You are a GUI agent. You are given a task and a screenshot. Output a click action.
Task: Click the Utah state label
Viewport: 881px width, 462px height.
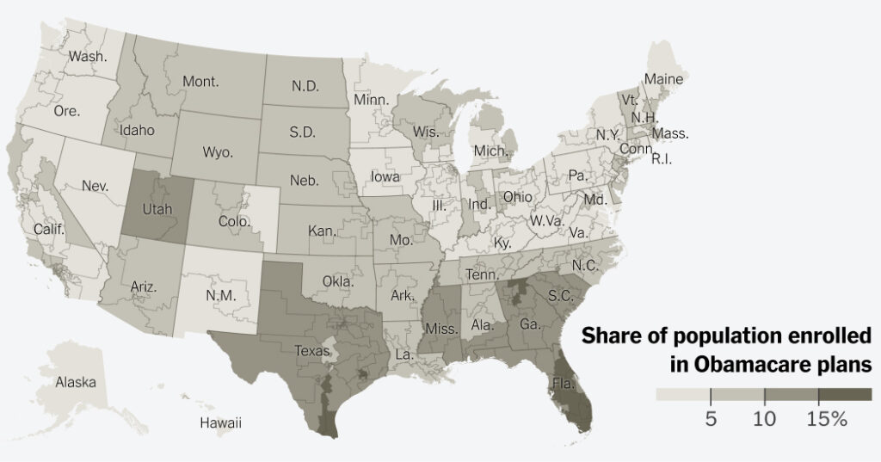(x=158, y=209)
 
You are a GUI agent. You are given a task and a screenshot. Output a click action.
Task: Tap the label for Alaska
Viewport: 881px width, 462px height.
(x=75, y=382)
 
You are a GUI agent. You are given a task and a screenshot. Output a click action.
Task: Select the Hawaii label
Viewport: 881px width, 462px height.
(x=220, y=422)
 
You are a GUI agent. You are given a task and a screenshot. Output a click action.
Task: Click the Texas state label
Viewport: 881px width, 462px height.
(x=312, y=350)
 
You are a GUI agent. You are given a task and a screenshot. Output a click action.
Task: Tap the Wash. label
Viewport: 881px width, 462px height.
(x=88, y=57)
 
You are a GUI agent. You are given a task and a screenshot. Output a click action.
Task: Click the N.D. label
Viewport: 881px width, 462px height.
(x=306, y=87)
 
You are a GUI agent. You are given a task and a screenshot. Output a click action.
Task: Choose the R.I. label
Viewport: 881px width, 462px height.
(x=661, y=159)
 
